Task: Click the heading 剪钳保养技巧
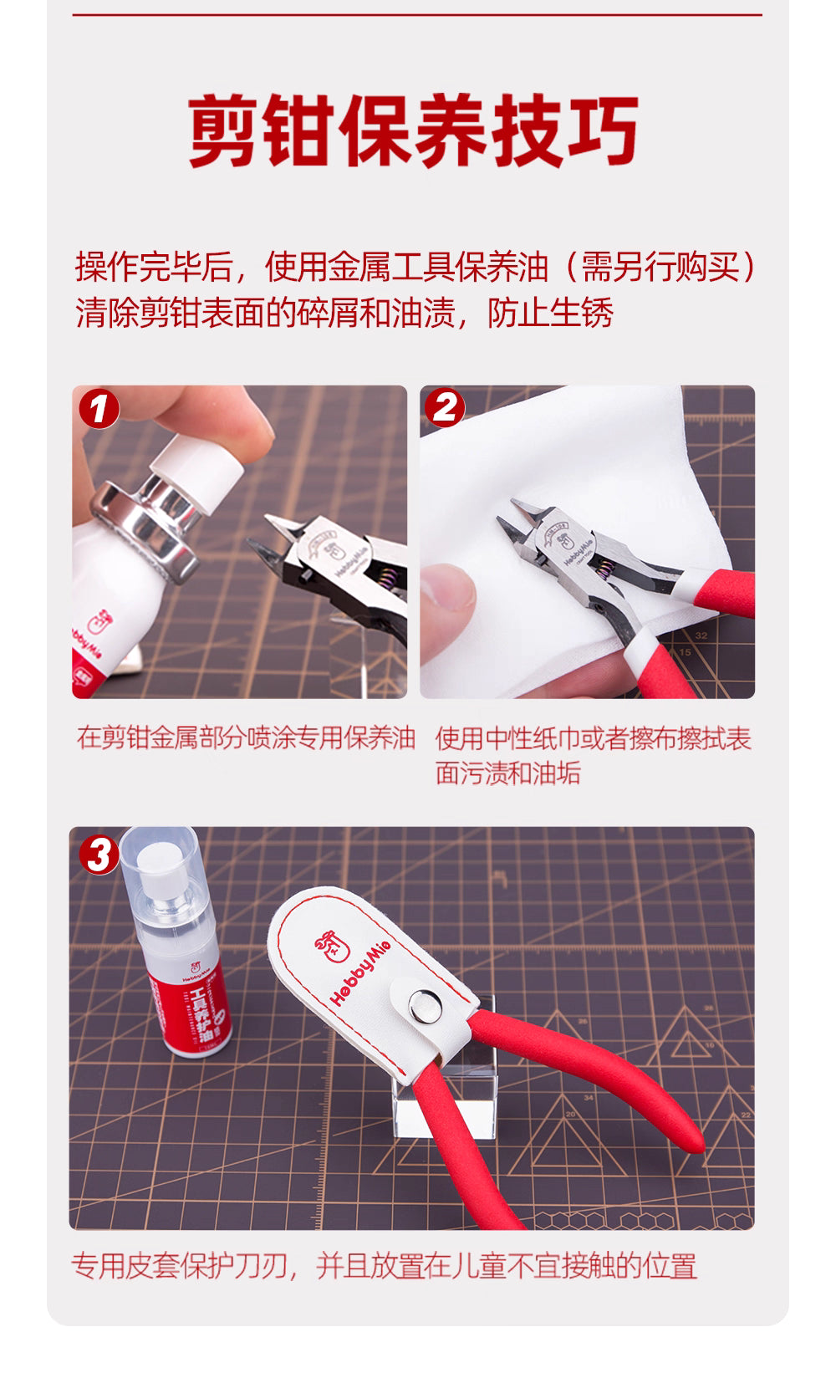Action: click(414, 132)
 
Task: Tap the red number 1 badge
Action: click(99, 410)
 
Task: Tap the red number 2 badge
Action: click(445, 408)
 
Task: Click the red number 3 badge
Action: click(99, 855)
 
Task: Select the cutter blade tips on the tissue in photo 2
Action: click(510, 523)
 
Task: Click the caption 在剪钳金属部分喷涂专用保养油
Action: click(246, 738)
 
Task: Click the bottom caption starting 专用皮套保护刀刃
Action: click(384, 1266)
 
